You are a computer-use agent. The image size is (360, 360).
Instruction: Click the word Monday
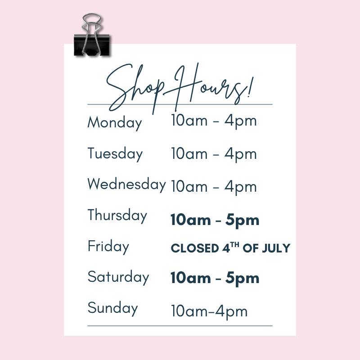pyautogui.click(x=115, y=123)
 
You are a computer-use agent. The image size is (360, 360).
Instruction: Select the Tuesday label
pyautogui.click(x=115, y=154)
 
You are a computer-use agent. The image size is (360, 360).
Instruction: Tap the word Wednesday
pyautogui.click(x=126, y=184)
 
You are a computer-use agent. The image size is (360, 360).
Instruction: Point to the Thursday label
pyautogui.click(x=117, y=216)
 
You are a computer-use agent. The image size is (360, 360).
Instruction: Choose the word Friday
pyautogui.click(x=108, y=246)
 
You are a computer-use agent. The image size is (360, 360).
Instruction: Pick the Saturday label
pyautogui.click(x=118, y=277)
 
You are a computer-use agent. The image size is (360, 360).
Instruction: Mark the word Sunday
pyautogui.click(x=112, y=308)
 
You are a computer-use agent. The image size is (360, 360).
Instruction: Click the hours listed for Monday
pyautogui.click(x=214, y=121)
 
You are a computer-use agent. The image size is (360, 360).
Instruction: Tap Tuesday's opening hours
pyautogui.click(x=214, y=154)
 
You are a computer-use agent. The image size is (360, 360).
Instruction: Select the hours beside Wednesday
pyautogui.click(x=214, y=187)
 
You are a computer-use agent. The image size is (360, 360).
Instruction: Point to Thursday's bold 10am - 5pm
pyautogui.click(x=215, y=220)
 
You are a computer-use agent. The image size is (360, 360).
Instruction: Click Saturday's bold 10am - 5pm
pyautogui.click(x=215, y=278)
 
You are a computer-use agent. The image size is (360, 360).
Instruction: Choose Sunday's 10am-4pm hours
pyautogui.click(x=209, y=311)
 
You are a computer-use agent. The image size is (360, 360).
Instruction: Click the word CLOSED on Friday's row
pyautogui.click(x=195, y=248)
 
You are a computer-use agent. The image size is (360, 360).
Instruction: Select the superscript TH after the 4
pyautogui.click(x=234, y=244)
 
